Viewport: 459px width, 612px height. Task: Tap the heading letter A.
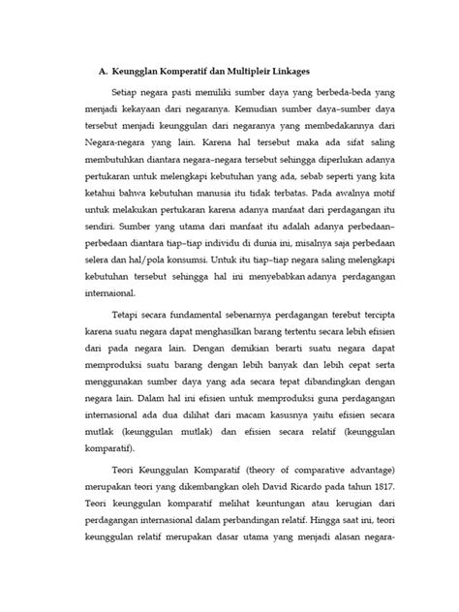pyautogui.click(x=104, y=72)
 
